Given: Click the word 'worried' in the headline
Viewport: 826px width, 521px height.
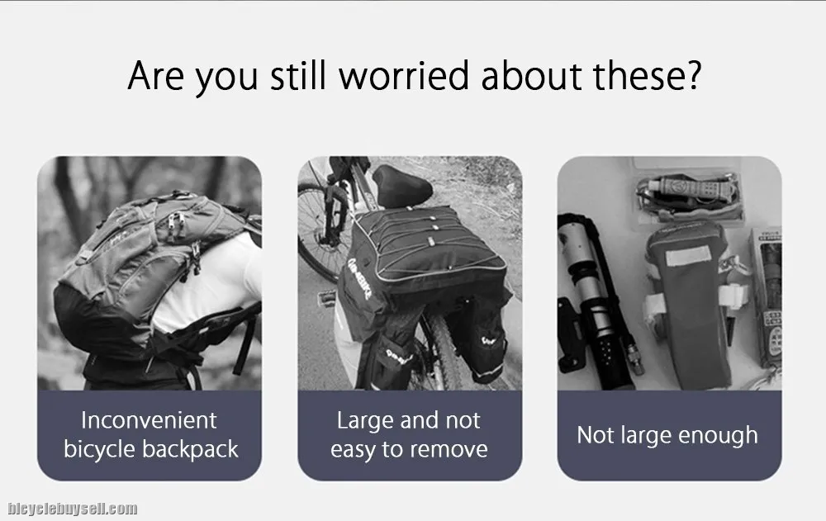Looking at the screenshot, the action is coord(404,75).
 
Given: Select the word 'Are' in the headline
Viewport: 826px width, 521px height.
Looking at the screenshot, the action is coord(155,75).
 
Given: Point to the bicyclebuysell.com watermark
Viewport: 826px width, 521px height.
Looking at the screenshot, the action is coord(72,509).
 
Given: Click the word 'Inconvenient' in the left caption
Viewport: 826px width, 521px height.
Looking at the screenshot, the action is coord(149,420).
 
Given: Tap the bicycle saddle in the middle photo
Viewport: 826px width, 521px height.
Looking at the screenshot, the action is coord(402,186).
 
